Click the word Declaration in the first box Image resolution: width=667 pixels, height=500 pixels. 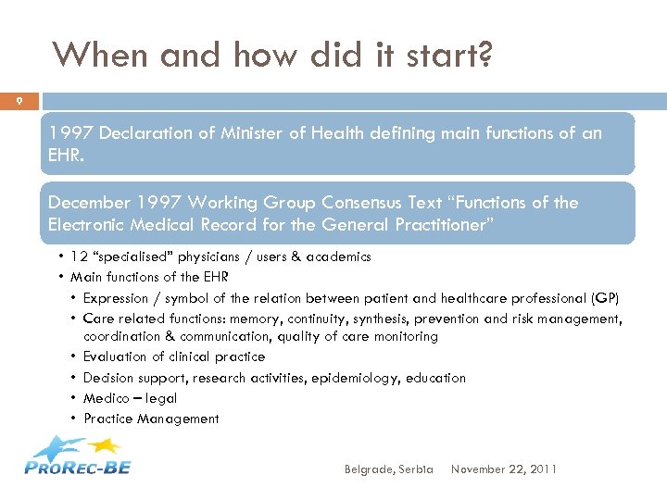149,133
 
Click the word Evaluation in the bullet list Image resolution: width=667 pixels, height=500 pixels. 116,356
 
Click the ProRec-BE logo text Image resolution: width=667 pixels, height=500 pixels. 78,467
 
